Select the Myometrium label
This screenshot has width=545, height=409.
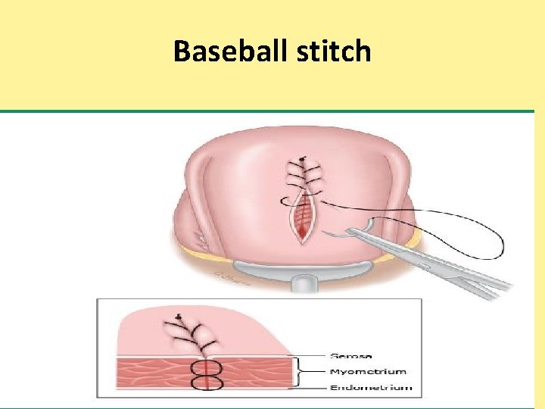point(368,371)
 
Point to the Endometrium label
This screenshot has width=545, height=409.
point(371,387)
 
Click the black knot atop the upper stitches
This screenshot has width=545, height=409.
point(302,159)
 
